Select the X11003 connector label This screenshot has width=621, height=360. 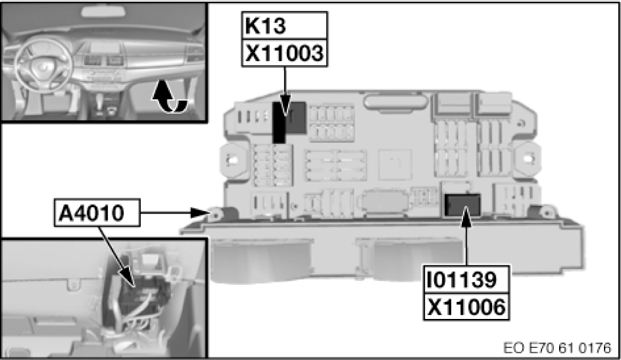[284, 54]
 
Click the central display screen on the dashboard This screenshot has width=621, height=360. [100, 49]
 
